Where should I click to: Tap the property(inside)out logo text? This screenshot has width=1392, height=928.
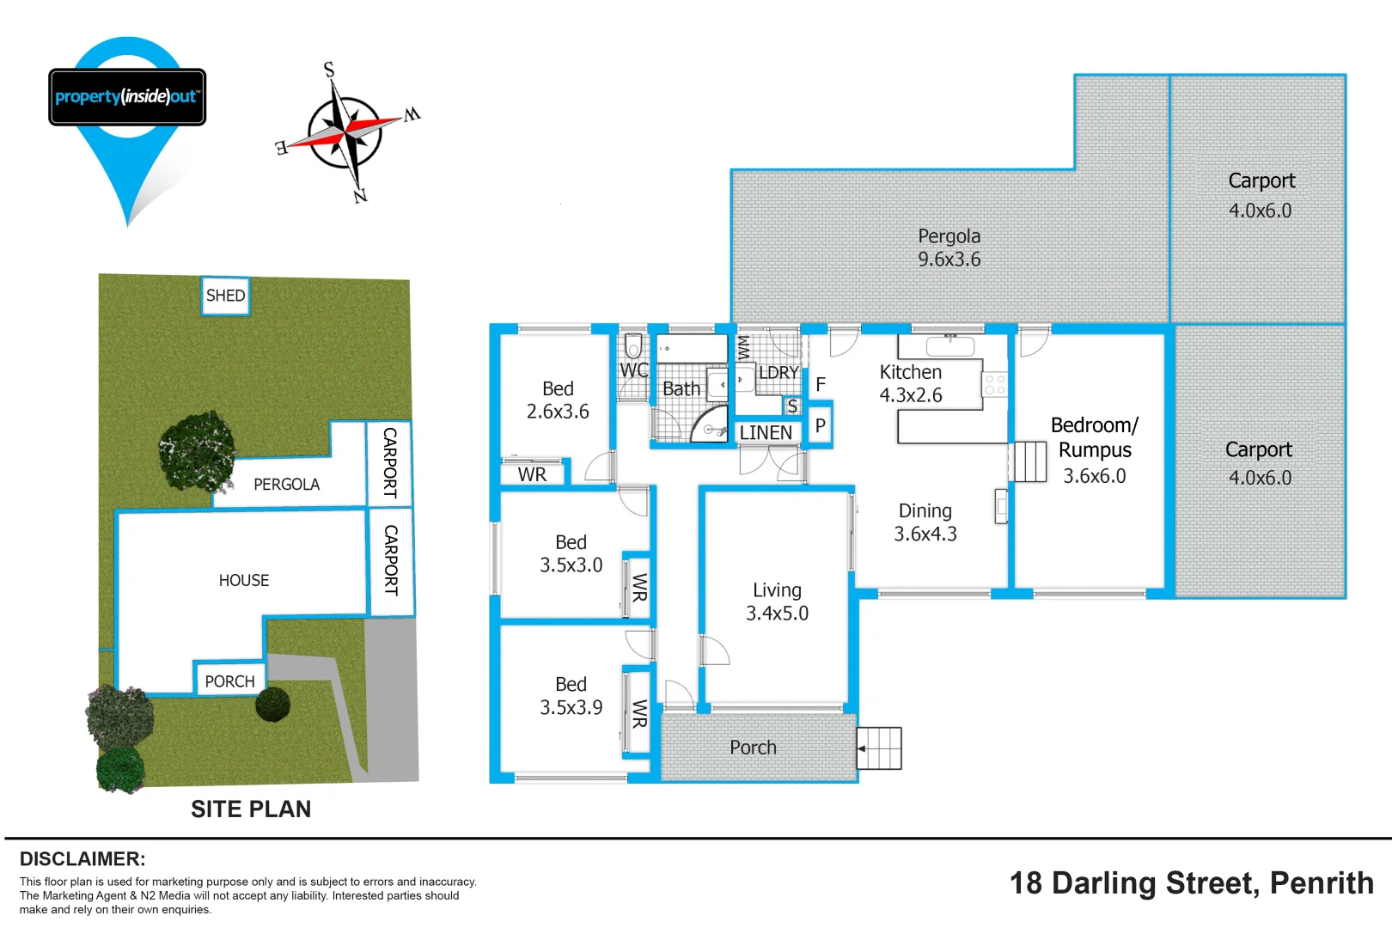pos(127,96)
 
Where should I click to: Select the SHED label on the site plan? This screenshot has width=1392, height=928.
pos(225,296)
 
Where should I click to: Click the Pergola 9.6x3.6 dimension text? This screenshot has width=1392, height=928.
pos(949,259)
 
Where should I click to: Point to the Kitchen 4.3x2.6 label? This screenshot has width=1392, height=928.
pos(911,383)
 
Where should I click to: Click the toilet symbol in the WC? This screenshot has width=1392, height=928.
pos(633,346)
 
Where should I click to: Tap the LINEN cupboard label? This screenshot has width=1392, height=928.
pos(766,432)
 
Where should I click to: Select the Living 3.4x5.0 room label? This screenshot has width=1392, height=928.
pos(777,601)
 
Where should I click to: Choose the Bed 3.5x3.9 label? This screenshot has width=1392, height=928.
pos(571,696)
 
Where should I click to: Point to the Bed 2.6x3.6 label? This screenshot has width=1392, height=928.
pos(558,400)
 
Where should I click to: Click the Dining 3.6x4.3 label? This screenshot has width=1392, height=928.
pos(925,522)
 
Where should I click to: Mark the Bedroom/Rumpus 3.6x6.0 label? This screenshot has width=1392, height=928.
pos(1094,450)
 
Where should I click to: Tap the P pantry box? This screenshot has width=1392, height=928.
pos(821,425)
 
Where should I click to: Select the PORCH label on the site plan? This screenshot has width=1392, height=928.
pos(229,681)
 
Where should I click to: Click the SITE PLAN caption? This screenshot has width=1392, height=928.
pos(251,809)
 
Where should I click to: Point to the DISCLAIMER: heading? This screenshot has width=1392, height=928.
pos(82,858)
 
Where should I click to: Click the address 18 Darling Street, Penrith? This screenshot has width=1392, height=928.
pos(1191,883)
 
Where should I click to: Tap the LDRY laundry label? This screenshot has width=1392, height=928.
pos(778,373)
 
